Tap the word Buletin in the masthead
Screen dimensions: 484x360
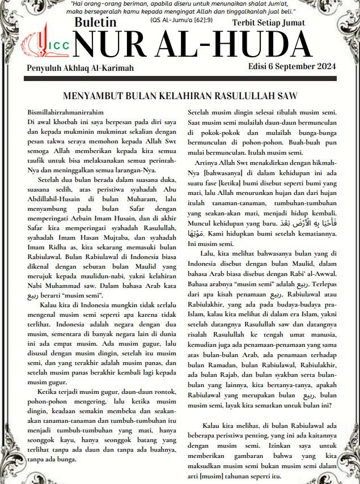click(95, 23)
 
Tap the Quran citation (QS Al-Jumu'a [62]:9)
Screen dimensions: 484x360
click(181, 20)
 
